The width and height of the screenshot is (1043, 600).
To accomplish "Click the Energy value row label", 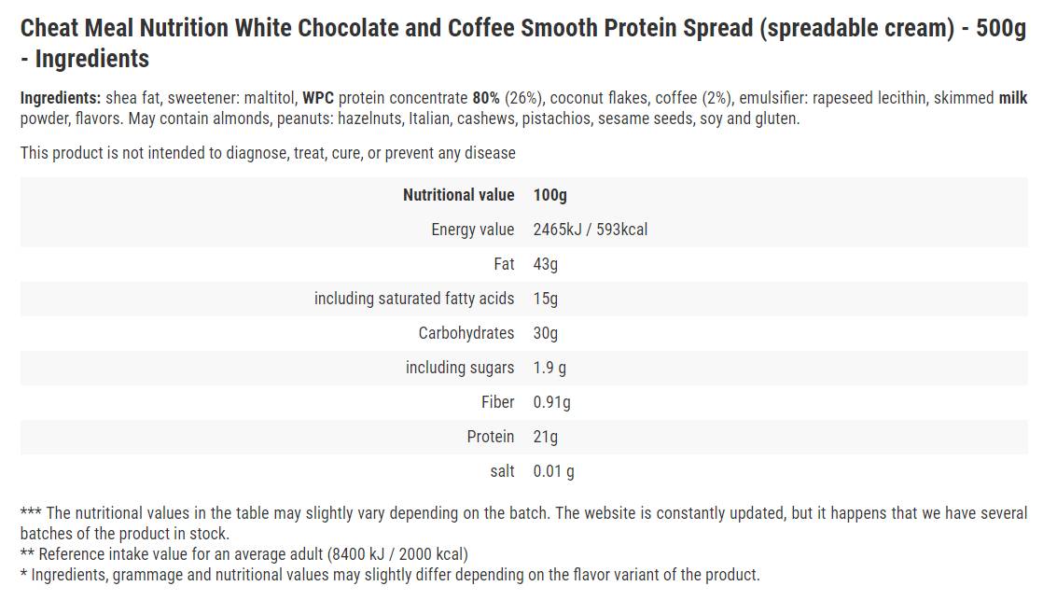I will (472, 230).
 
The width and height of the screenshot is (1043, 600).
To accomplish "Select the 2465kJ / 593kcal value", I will (590, 230).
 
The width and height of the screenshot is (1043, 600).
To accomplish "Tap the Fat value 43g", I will (545, 264).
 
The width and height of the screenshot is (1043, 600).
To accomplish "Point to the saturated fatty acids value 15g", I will (545, 299).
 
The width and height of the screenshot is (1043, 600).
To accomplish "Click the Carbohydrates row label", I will (466, 333).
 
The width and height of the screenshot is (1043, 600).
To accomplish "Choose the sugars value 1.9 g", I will (549, 368).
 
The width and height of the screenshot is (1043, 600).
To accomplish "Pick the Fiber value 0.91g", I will (551, 402).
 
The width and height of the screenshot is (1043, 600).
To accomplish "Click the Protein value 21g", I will (545, 437).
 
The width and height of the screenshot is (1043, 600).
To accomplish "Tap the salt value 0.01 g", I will (553, 471).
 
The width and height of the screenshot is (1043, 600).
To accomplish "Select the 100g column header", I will (549, 195).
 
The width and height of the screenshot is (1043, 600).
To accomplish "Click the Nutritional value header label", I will (458, 195).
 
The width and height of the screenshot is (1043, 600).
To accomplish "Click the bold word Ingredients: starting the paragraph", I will (61, 98).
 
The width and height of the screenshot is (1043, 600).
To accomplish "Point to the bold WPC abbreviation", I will (318, 98).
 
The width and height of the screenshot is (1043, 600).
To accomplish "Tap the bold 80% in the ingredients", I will (486, 98).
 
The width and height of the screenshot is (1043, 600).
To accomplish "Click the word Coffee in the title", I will (482, 28).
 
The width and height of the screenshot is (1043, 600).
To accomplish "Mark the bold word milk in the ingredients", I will (1013, 98).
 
